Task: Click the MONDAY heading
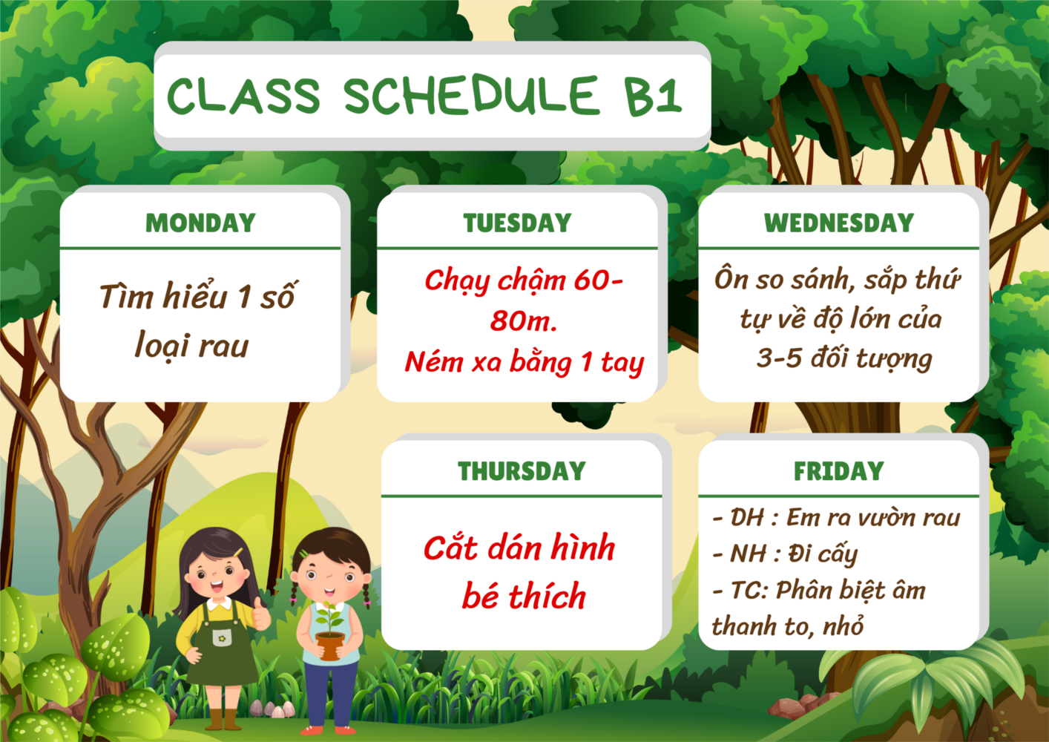(200, 223)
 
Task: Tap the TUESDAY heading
(518, 223)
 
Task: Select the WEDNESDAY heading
(839, 223)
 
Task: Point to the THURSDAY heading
(522, 471)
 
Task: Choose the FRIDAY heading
(839, 471)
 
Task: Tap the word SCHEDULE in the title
(471, 95)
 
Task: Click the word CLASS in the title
(243, 95)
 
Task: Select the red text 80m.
(524, 321)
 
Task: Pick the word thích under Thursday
(547, 596)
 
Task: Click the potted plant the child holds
(330, 631)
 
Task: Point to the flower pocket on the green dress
(222, 637)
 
